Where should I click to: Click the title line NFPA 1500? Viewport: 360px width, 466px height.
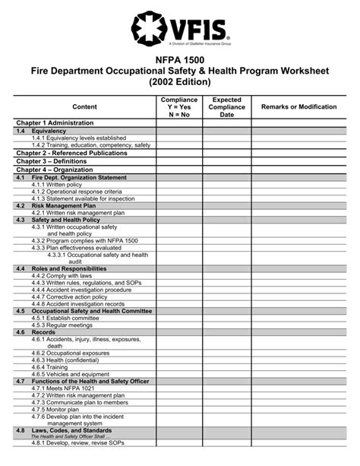[x=180, y=59]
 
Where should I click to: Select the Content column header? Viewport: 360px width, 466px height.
[x=84, y=107]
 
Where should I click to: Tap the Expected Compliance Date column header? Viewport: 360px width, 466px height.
[x=227, y=107]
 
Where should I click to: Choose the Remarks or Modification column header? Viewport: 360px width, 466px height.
[x=298, y=107]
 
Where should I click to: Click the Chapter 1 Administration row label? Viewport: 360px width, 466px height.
[x=55, y=122]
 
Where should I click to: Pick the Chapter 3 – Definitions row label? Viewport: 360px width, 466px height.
[x=52, y=161]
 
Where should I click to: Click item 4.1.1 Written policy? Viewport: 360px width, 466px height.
[x=63, y=185]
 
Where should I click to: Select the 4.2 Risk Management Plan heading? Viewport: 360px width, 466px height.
[x=64, y=206]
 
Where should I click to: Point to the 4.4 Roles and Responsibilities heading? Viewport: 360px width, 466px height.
[x=69, y=269]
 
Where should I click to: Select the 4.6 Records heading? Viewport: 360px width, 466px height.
[x=43, y=332]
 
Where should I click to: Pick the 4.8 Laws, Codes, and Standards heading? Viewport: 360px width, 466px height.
[x=73, y=430]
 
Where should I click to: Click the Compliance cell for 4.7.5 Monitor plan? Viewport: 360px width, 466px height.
[x=179, y=409]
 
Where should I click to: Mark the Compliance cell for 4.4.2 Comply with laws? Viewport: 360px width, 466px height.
[x=179, y=276]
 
